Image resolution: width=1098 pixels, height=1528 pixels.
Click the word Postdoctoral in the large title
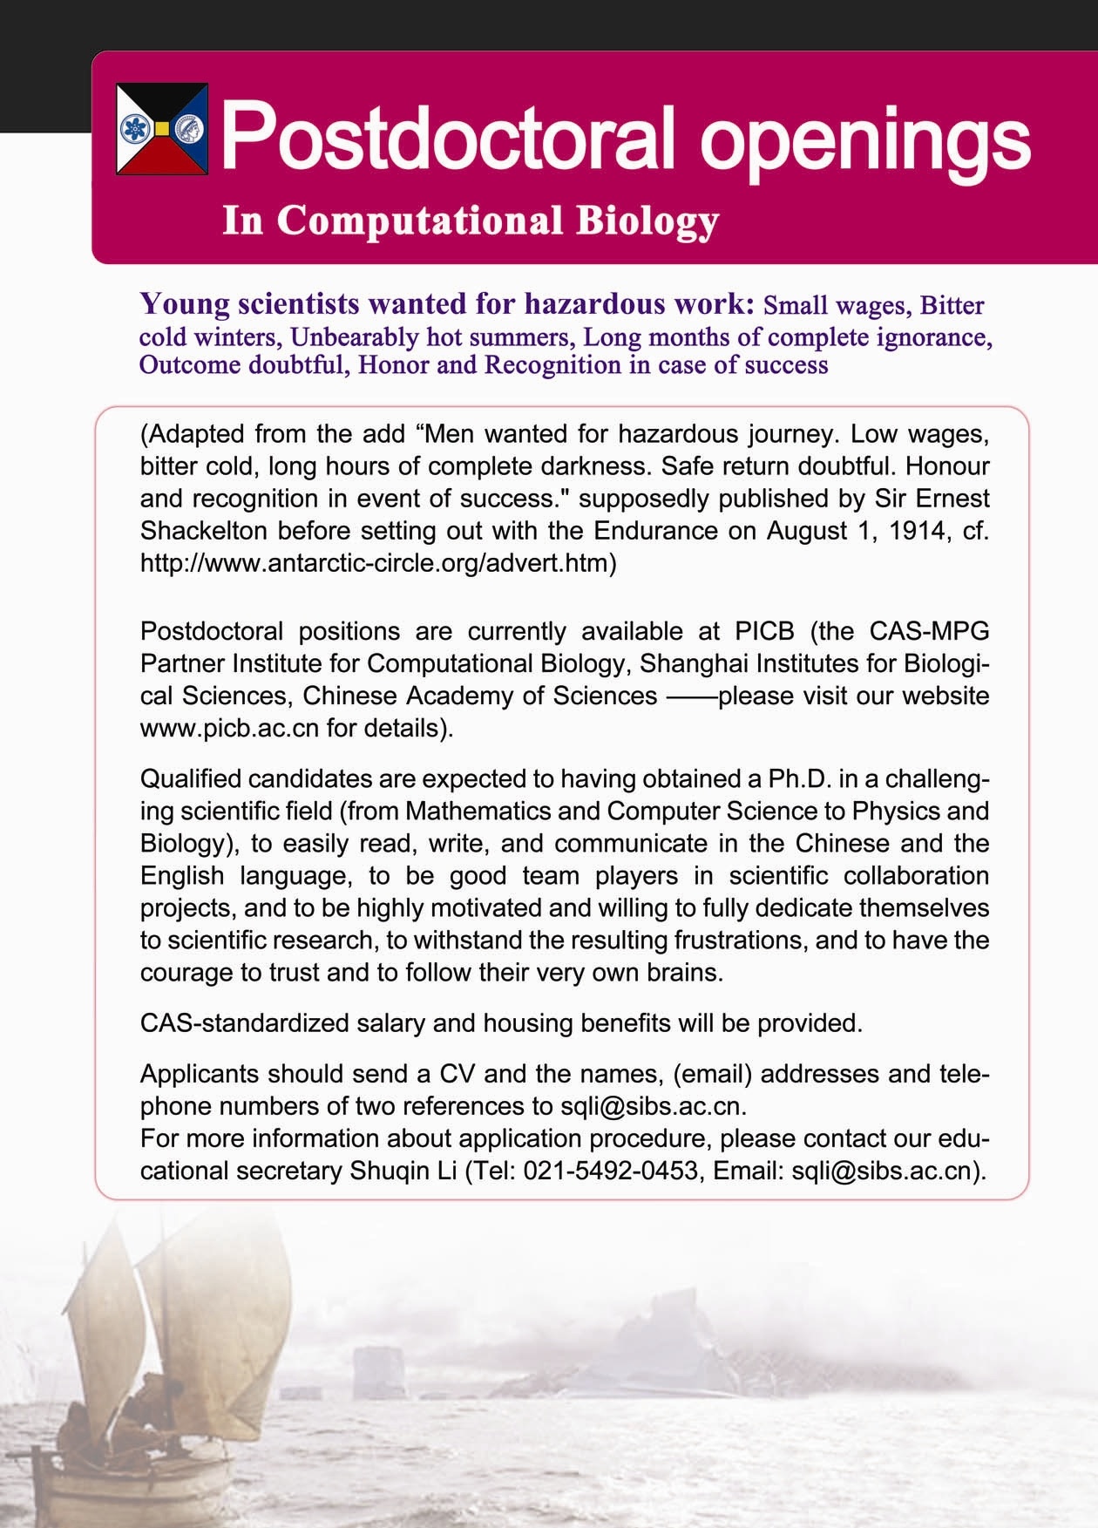(448, 137)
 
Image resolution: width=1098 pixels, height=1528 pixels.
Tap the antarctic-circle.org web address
(378, 563)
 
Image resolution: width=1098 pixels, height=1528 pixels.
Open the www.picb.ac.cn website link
(229, 728)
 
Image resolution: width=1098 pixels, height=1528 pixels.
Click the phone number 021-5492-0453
(611, 1170)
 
